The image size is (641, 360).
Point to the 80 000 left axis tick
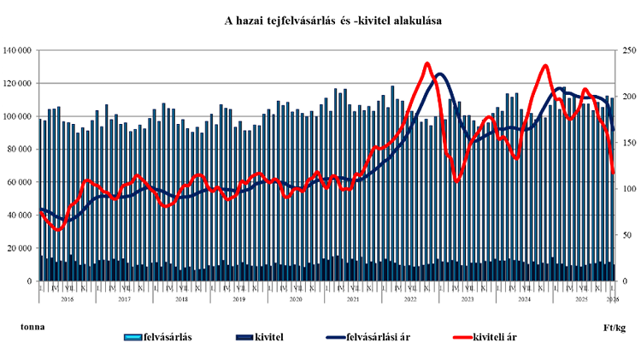tap(18, 149)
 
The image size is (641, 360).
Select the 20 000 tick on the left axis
tap(18, 248)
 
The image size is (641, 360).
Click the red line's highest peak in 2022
tap(427, 63)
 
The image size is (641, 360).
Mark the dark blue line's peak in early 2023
tap(440, 74)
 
